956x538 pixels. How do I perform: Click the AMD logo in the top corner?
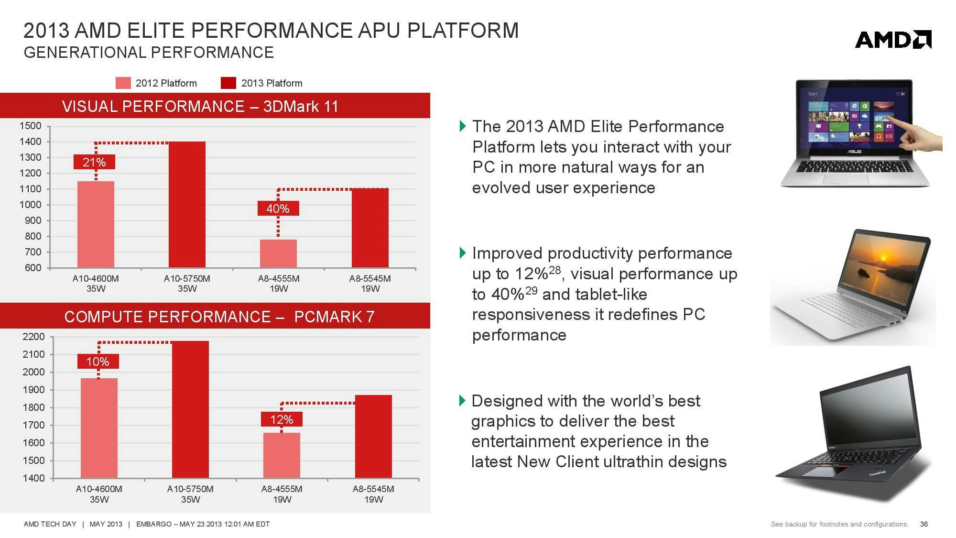[893, 40]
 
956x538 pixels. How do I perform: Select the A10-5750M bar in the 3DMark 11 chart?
[187, 204]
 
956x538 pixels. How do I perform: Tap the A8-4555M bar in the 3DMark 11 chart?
[278, 253]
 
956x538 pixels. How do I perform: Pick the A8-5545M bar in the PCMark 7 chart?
[373, 436]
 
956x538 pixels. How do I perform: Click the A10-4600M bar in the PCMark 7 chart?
[99, 428]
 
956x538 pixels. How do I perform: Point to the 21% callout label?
[94, 162]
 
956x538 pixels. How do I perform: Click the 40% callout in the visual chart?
[278, 209]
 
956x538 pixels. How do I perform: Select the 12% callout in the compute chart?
[282, 419]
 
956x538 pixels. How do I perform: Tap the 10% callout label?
[98, 362]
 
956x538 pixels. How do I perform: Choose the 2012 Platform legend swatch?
[123, 83]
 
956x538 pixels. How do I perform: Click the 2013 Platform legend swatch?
[228, 83]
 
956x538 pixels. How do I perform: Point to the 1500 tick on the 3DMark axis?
[30, 126]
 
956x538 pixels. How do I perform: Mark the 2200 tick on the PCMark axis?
[33, 337]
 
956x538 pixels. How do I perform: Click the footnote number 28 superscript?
[554, 270]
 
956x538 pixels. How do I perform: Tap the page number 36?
[923, 524]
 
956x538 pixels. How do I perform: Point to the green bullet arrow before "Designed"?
[462, 400]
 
